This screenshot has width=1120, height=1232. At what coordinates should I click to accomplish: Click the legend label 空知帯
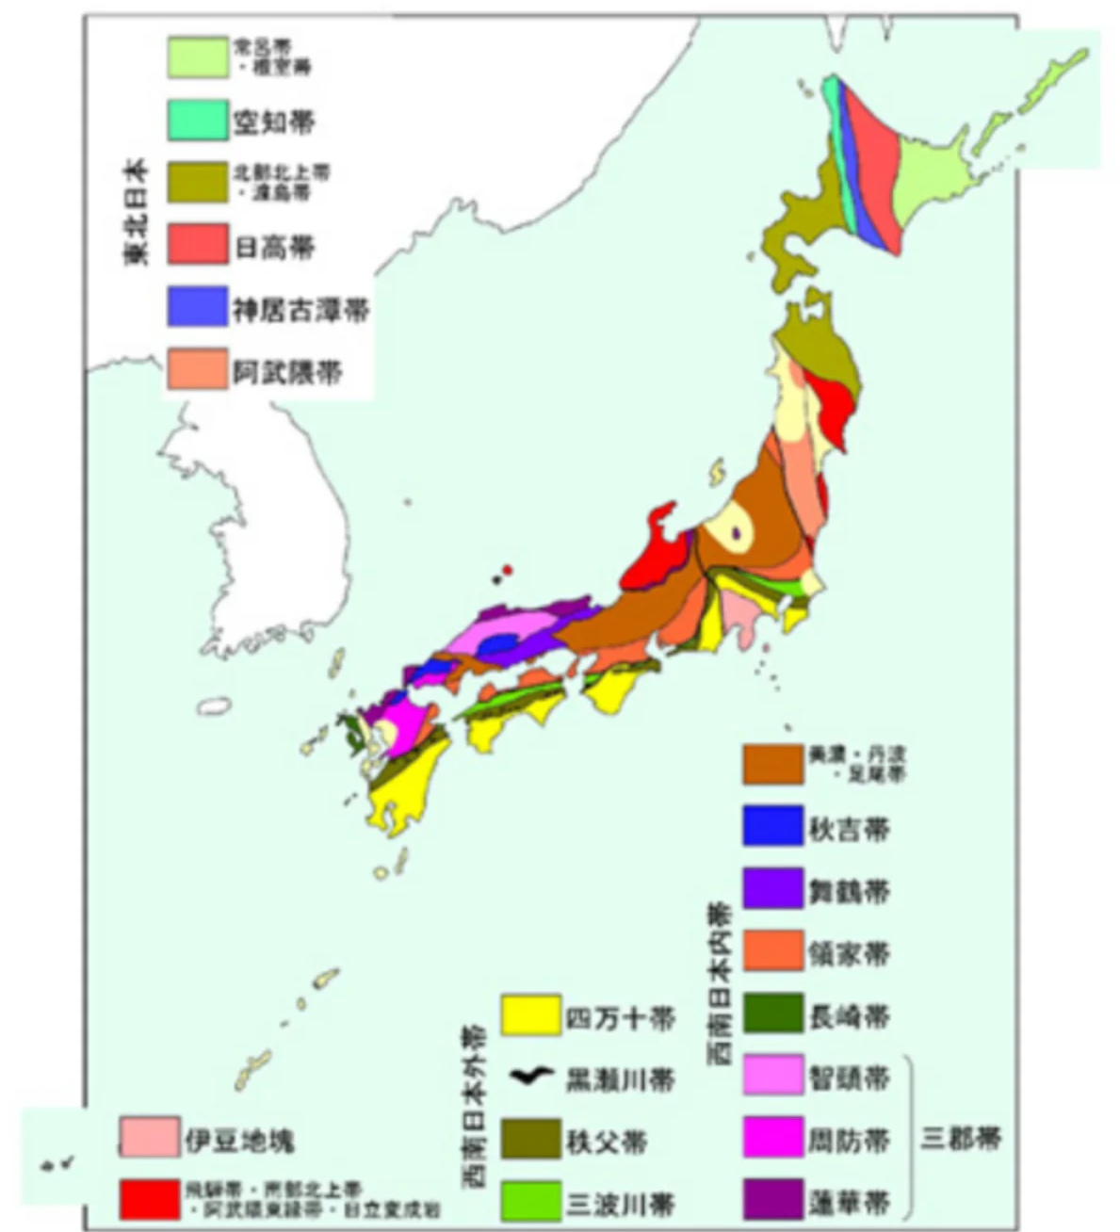273,122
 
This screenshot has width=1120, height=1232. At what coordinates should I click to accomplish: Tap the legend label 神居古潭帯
300,310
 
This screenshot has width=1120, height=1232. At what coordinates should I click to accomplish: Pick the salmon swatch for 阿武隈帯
198,369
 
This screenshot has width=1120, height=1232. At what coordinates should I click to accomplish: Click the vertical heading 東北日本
138,212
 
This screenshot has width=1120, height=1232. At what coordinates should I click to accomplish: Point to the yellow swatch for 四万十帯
530,1015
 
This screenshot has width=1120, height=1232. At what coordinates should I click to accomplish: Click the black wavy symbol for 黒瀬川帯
530,1077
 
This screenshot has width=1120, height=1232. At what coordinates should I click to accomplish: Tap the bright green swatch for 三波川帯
530,1201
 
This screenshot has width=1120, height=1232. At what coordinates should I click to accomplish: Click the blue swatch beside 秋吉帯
772,827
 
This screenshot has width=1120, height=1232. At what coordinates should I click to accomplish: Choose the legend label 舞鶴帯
849,890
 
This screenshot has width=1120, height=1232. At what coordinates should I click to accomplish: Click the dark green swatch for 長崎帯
772,1013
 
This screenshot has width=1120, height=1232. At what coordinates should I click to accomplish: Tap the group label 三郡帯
961,1138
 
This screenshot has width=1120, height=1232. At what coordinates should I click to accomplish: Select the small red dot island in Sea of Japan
508,570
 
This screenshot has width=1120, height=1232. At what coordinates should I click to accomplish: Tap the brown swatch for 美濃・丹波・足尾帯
772,764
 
